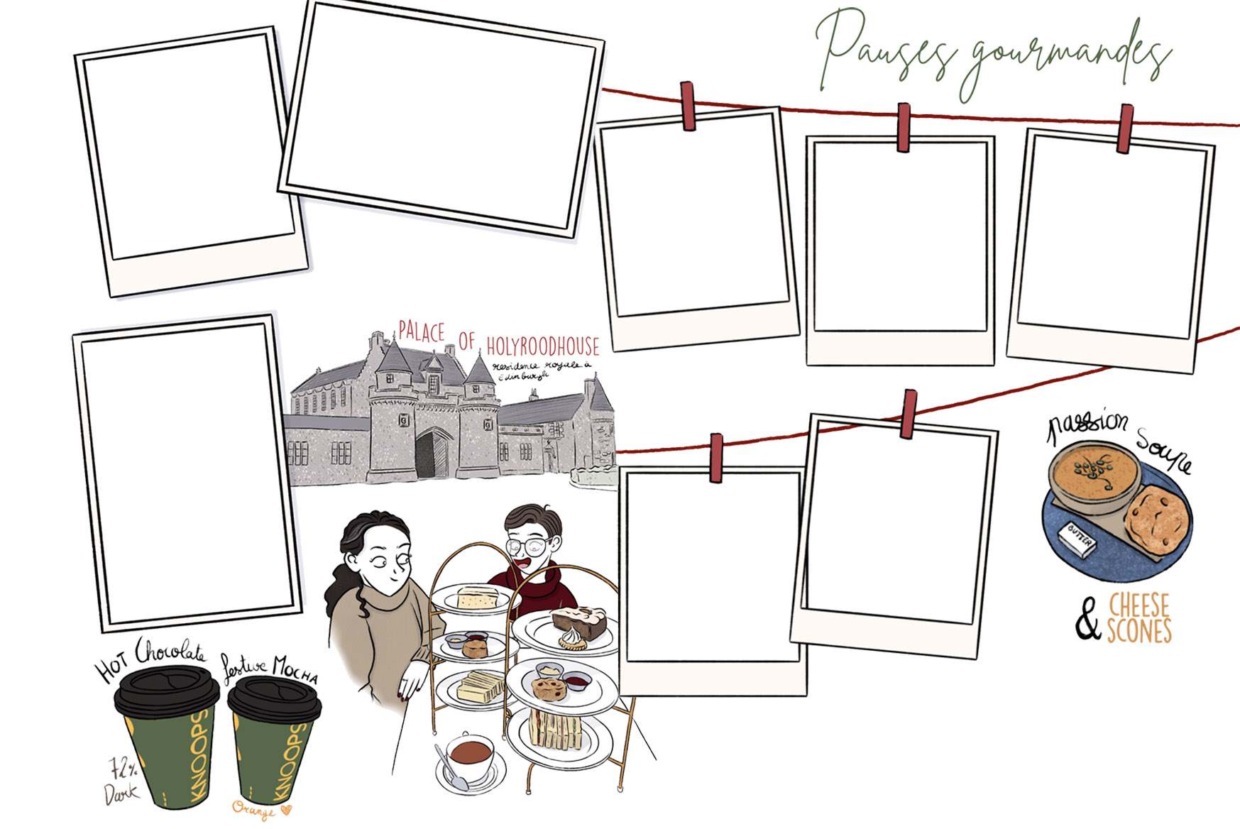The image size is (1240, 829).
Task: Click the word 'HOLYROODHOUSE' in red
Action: click(542, 346)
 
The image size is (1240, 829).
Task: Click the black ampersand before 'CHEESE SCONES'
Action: click(1087, 620)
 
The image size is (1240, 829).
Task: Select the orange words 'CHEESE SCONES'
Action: click(1139, 618)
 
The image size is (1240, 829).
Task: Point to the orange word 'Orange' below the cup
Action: click(254, 808)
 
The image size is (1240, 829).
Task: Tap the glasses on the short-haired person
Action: click(527, 546)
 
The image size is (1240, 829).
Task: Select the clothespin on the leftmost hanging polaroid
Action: click(688, 106)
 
